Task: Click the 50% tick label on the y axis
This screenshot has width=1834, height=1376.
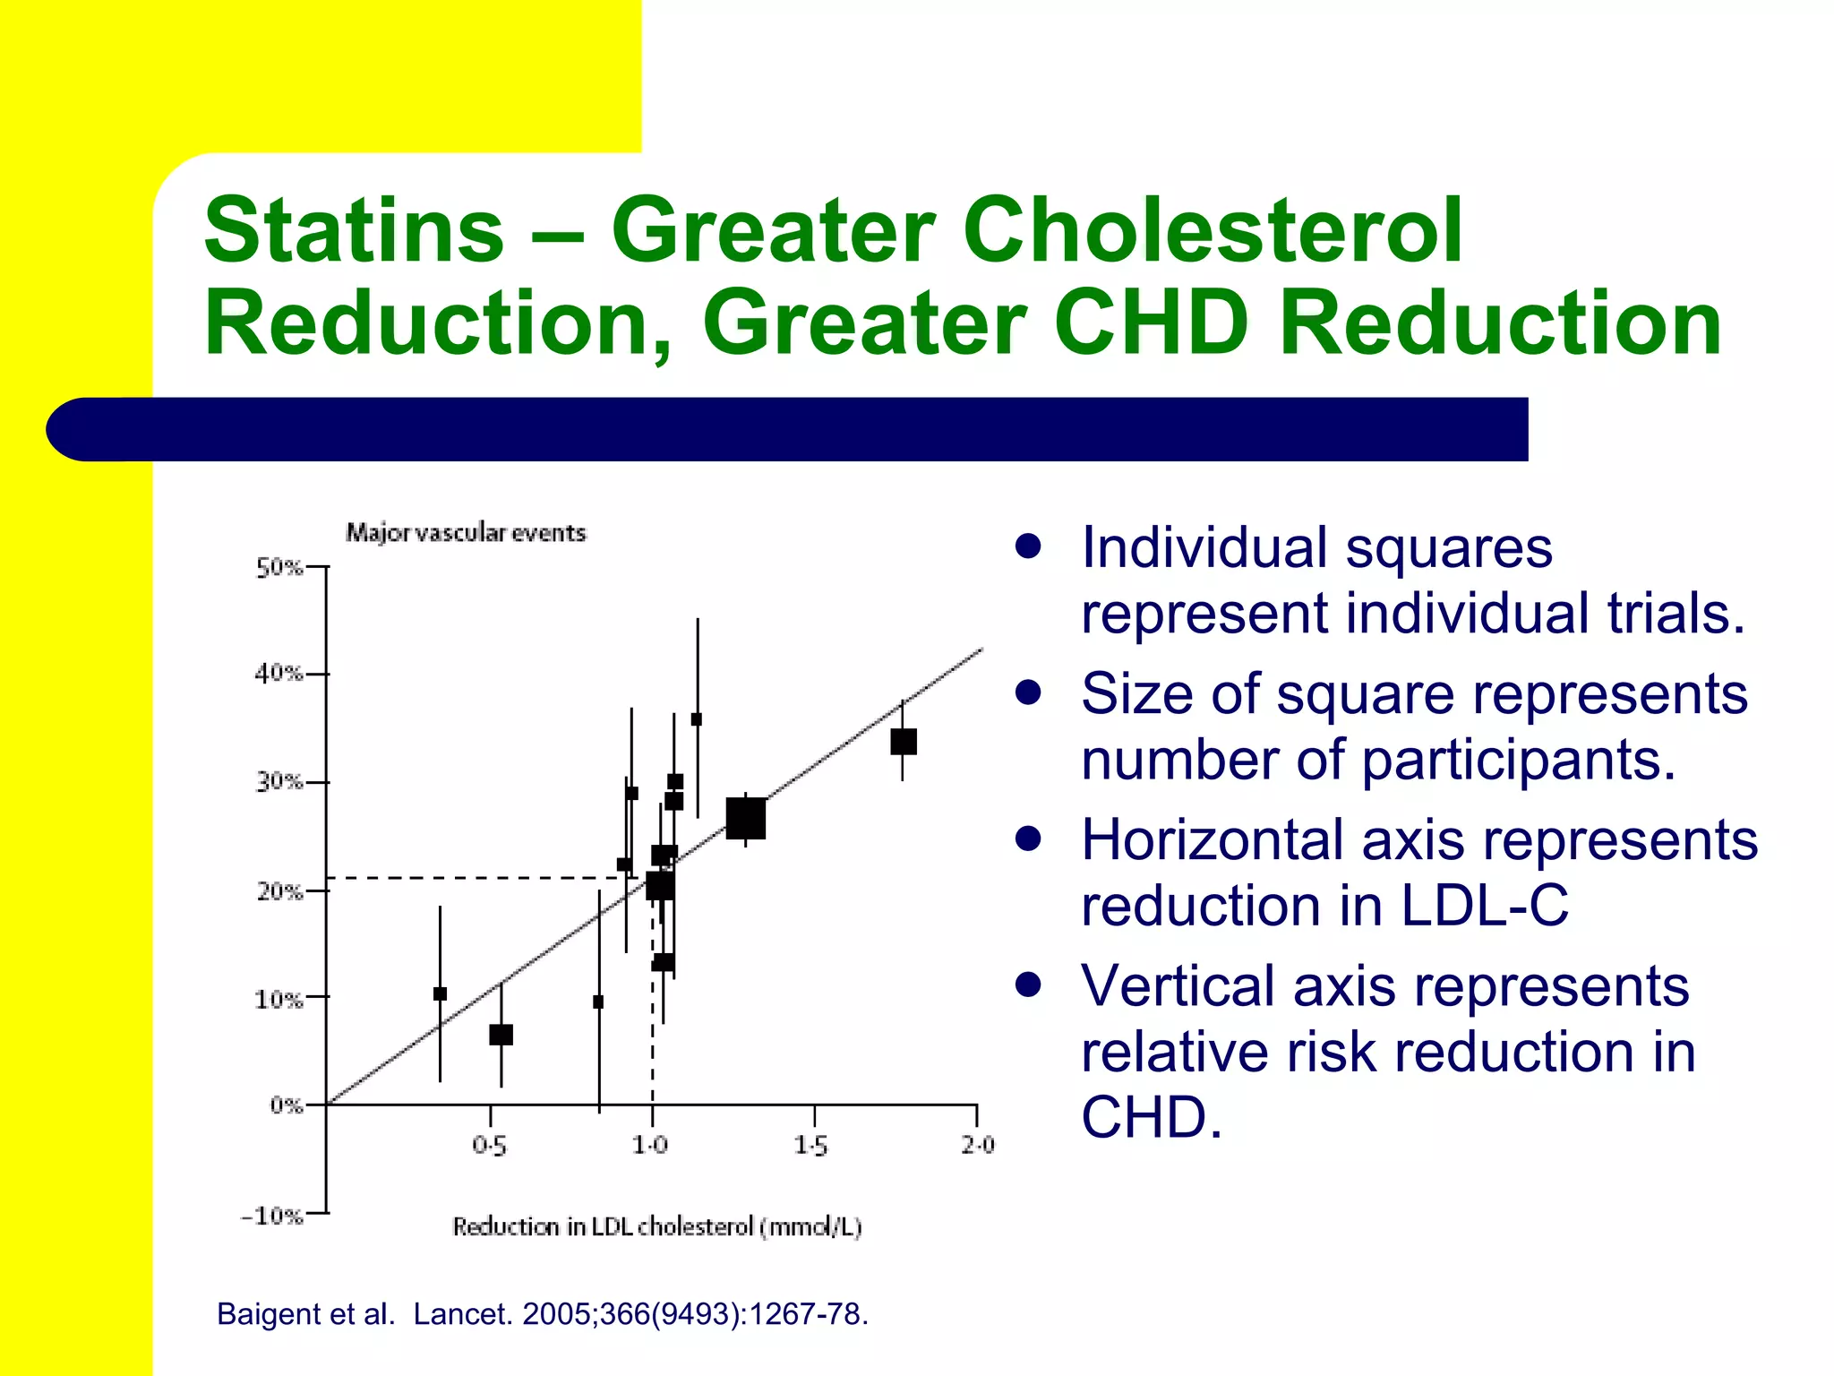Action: pos(279,568)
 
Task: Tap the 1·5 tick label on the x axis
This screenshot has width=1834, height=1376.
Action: pos(810,1145)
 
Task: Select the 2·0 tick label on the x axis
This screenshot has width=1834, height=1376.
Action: pos(977,1145)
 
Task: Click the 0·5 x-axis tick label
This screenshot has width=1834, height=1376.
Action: pos(489,1145)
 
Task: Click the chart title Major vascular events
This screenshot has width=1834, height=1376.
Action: pos(466,533)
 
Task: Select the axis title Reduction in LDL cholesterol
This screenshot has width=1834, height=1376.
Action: pos(656,1226)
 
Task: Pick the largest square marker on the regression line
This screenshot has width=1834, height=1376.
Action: pos(745,818)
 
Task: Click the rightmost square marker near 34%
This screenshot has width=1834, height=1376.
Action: pos(903,742)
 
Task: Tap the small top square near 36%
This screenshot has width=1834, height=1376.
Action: pos(697,719)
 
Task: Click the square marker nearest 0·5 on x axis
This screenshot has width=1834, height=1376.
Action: pos(501,1035)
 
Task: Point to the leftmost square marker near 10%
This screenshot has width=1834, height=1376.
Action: pos(440,993)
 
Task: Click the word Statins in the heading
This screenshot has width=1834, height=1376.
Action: pos(355,230)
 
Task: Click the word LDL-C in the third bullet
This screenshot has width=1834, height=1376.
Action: pos(1484,905)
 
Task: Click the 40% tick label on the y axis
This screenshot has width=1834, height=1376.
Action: pos(279,674)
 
